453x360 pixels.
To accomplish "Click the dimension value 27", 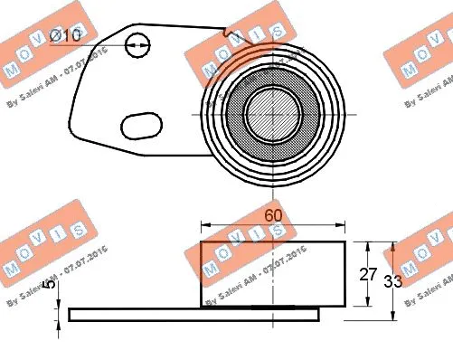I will (368, 275).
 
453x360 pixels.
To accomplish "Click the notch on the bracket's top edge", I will (226, 33).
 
